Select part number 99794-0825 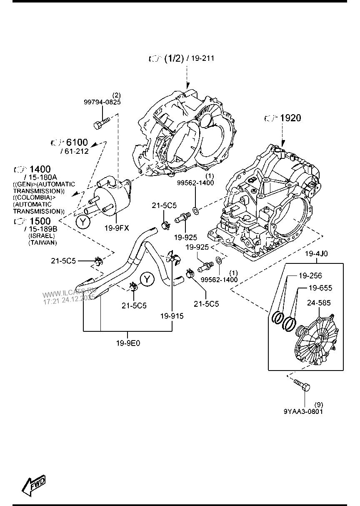point(102,101)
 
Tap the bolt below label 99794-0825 point(101,123)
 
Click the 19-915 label point(172,316)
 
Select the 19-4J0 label point(316,253)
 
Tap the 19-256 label point(310,276)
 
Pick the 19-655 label point(320,288)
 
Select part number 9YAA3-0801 point(303,411)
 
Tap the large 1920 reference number point(290,118)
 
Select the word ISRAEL point(42,235)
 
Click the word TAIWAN point(42,242)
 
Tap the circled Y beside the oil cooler point(83,222)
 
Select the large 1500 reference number point(40,221)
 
